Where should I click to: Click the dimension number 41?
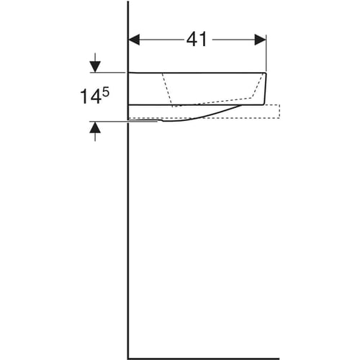[197, 40]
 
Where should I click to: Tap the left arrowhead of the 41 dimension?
[134, 40]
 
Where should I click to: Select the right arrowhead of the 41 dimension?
[261, 40]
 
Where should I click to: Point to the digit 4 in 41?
[192, 40]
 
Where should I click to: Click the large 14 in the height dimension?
[90, 96]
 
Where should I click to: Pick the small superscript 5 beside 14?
[106, 92]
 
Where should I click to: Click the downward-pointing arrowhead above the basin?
[95, 67]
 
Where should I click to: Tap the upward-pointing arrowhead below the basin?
[95, 127]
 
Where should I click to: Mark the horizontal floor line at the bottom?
[204, 359]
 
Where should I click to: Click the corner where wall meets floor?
[128, 359]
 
